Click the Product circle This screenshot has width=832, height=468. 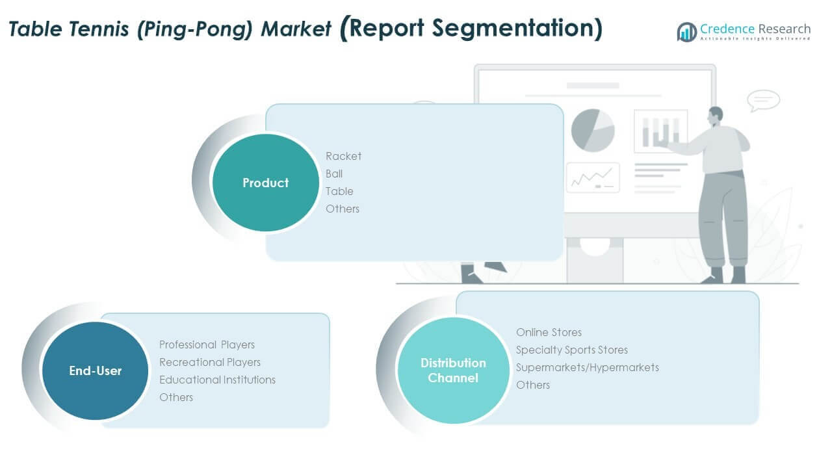(265, 183)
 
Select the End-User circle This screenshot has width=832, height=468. (95, 371)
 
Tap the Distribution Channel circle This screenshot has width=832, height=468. (452, 370)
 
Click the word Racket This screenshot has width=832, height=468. (343, 156)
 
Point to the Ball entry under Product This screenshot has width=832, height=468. (334, 174)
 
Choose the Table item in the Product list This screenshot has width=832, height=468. (339, 191)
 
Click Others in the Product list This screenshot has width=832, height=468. (342, 209)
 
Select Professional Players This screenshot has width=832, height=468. (207, 344)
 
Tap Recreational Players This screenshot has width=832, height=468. (209, 362)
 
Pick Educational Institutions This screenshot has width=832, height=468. (217, 380)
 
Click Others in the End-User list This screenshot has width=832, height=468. (175, 397)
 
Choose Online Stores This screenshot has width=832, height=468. (549, 332)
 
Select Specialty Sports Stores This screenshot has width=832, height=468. (571, 350)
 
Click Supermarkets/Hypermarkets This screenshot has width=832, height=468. (587, 367)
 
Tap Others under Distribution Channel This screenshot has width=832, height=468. (532, 385)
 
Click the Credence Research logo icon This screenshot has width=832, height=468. (686, 32)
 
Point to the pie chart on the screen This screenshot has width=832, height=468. (592, 130)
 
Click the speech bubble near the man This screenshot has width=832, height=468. (762, 100)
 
